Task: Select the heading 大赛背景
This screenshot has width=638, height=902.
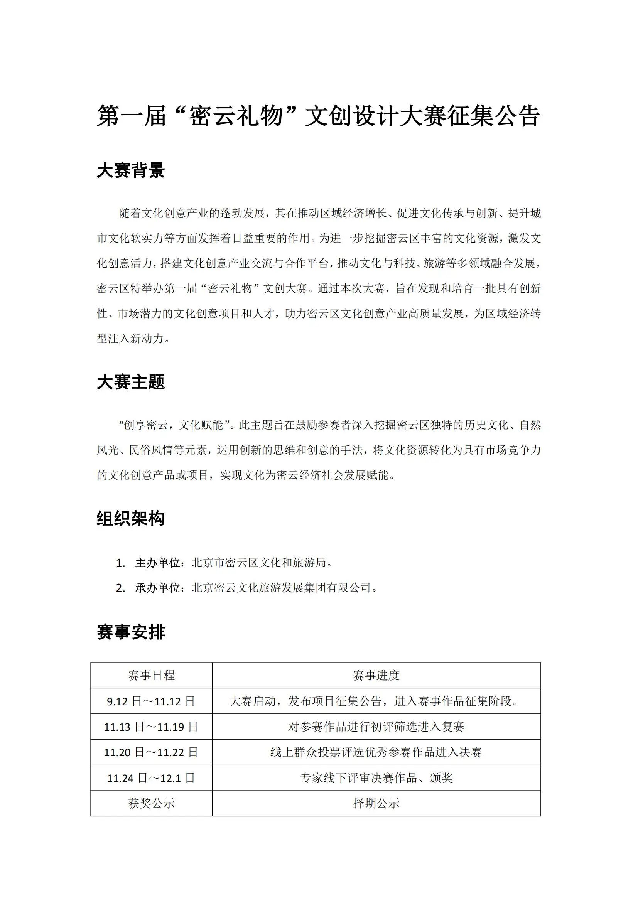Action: point(130,171)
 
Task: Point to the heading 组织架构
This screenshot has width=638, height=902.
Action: point(130,519)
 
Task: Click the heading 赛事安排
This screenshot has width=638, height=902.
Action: point(130,632)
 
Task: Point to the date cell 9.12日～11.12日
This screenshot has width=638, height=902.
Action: point(151,701)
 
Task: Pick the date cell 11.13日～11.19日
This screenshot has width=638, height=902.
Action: point(151,727)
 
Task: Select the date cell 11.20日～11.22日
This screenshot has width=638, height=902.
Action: point(151,752)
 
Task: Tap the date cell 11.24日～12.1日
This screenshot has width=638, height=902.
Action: point(151,778)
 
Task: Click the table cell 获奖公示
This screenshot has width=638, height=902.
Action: point(151,803)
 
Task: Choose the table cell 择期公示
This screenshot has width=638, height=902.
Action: point(376,803)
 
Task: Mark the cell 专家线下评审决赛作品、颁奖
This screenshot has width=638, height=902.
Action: point(376,778)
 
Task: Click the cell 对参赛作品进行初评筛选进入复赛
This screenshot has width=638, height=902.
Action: point(376,727)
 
